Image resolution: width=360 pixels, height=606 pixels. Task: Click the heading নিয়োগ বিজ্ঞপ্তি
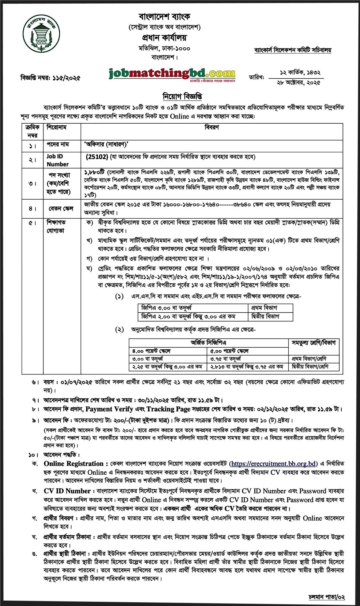(x=182, y=96)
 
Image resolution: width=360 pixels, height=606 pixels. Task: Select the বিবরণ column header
(x=212, y=128)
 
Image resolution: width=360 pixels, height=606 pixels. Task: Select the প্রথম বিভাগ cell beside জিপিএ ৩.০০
(x=264, y=308)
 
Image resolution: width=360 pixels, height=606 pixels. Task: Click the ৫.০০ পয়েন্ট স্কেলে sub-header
(x=229, y=351)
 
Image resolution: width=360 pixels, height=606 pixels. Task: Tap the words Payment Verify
(x=109, y=409)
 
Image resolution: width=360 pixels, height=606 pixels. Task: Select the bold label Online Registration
(x=74, y=464)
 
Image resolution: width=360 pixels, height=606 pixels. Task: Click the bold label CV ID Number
(x=67, y=491)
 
